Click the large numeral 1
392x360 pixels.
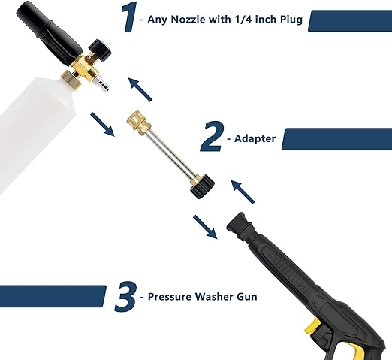click(x=128, y=17)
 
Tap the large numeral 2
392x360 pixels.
click(x=211, y=137)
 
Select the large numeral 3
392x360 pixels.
click(x=125, y=297)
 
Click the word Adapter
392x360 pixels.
click(x=255, y=138)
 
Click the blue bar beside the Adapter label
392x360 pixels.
click(x=337, y=139)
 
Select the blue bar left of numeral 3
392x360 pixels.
click(x=53, y=296)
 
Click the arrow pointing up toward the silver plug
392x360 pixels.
click(x=140, y=89)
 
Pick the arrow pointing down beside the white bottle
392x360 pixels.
click(x=103, y=124)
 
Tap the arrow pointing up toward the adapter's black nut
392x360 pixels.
click(x=243, y=192)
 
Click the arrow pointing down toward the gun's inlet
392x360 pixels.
click(x=205, y=227)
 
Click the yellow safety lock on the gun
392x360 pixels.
click(x=312, y=326)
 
